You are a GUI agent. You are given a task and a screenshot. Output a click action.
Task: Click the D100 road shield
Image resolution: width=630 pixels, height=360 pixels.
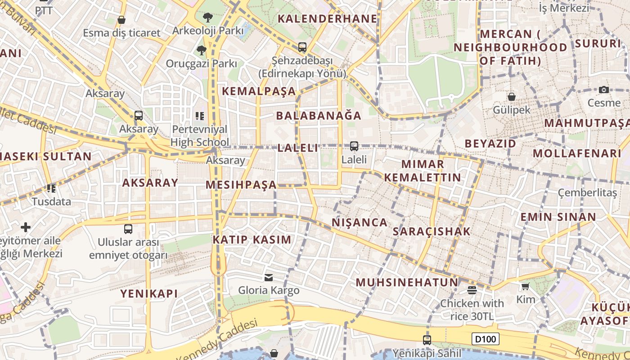click(x=486, y=339)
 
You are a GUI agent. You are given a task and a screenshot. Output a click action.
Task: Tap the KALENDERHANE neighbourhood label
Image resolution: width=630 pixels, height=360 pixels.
click(x=327, y=18)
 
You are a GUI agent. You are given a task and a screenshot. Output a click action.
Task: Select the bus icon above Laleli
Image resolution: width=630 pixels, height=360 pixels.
click(x=354, y=146)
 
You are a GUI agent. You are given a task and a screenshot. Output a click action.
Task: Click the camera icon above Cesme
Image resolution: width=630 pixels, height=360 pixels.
click(x=604, y=90)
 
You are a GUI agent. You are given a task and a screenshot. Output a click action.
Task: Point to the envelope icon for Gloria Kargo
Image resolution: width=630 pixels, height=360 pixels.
click(x=269, y=277)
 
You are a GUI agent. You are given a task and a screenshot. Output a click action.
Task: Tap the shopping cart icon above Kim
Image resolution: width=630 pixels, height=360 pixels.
click(x=525, y=286)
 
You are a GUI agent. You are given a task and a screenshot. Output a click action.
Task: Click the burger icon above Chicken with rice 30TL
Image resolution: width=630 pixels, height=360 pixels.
click(x=472, y=290)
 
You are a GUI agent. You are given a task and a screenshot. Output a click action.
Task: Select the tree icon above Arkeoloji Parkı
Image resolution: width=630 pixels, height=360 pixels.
click(x=207, y=18)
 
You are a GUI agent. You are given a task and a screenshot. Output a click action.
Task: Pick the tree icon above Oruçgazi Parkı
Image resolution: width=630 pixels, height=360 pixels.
click(x=201, y=50)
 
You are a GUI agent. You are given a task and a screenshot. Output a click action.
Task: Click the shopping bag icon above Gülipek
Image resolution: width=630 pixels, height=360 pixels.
click(x=512, y=96)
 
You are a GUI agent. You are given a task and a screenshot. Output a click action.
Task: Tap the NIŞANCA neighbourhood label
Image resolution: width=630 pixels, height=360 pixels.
click(x=360, y=222)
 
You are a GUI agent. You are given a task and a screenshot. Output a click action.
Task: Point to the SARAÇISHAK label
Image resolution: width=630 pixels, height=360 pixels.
click(x=432, y=231)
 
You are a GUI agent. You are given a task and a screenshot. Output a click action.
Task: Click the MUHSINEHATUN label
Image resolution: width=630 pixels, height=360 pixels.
click(x=407, y=283)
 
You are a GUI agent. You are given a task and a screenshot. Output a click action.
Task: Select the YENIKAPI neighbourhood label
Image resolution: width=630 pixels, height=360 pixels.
click(x=149, y=293)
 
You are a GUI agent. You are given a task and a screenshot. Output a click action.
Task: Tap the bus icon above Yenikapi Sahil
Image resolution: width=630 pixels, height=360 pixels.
click(x=427, y=340)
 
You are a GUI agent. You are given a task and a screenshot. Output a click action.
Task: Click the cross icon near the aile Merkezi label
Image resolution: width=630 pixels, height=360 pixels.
click(x=26, y=227)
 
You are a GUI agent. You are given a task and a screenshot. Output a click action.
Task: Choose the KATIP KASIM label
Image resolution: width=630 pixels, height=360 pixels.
click(x=252, y=239)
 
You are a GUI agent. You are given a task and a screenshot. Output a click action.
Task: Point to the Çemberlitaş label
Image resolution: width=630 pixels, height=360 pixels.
click(x=587, y=193)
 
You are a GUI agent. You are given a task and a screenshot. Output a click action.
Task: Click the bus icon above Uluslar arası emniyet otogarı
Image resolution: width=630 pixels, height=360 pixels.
click(x=128, y=229)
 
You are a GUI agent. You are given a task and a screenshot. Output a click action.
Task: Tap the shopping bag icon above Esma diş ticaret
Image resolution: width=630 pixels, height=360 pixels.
click(x=121, y=20)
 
